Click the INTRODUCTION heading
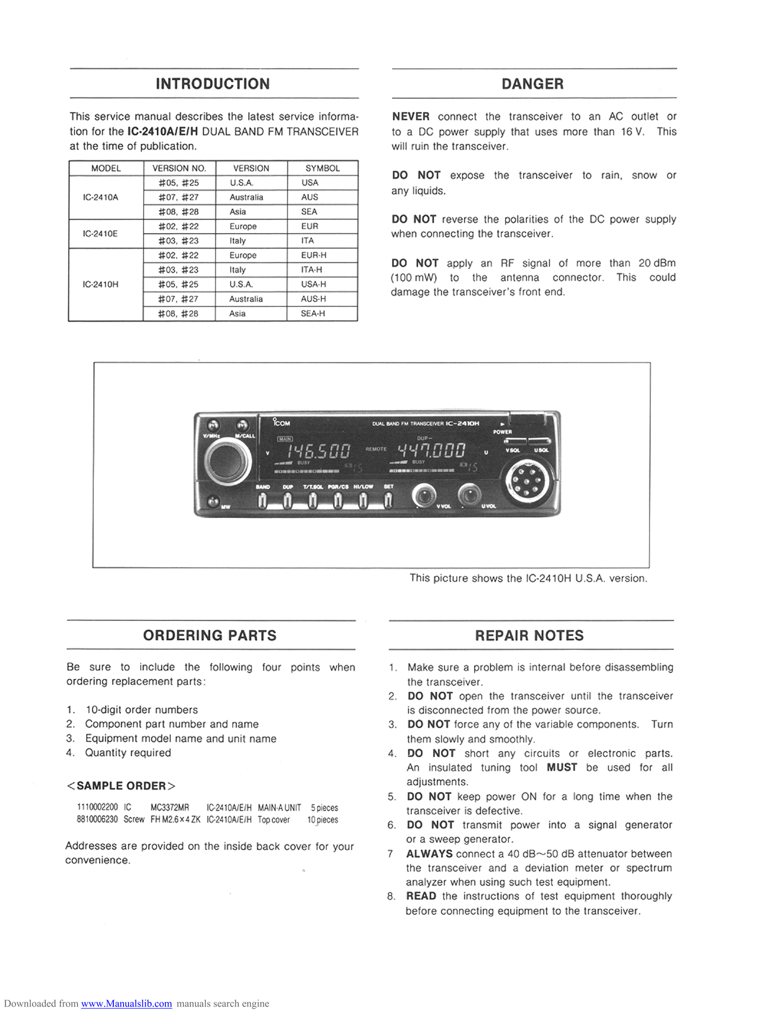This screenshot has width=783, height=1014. click(212, 84)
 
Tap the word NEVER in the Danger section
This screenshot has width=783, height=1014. click(411, 117)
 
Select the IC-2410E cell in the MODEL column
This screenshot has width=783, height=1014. click(100, 234)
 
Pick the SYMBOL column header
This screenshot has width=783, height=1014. click(322, 168)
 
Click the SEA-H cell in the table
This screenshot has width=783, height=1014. click(313, 313)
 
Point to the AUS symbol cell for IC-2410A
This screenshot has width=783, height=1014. click(309, 197)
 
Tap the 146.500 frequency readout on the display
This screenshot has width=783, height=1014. click(318, 451)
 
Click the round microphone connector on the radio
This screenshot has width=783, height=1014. click(527, 480)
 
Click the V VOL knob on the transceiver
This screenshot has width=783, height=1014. click(424, 495)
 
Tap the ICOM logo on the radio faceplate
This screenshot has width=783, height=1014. click(281, 422)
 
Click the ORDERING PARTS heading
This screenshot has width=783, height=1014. click(210, 636)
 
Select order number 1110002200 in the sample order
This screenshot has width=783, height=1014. click(97, 807)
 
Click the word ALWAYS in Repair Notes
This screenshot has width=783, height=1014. click(429, 853)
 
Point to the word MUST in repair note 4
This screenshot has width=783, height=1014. click(561, 767)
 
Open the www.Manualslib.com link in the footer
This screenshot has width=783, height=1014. click(126, 1004)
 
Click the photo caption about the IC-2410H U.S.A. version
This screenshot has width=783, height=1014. click(528, 578)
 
